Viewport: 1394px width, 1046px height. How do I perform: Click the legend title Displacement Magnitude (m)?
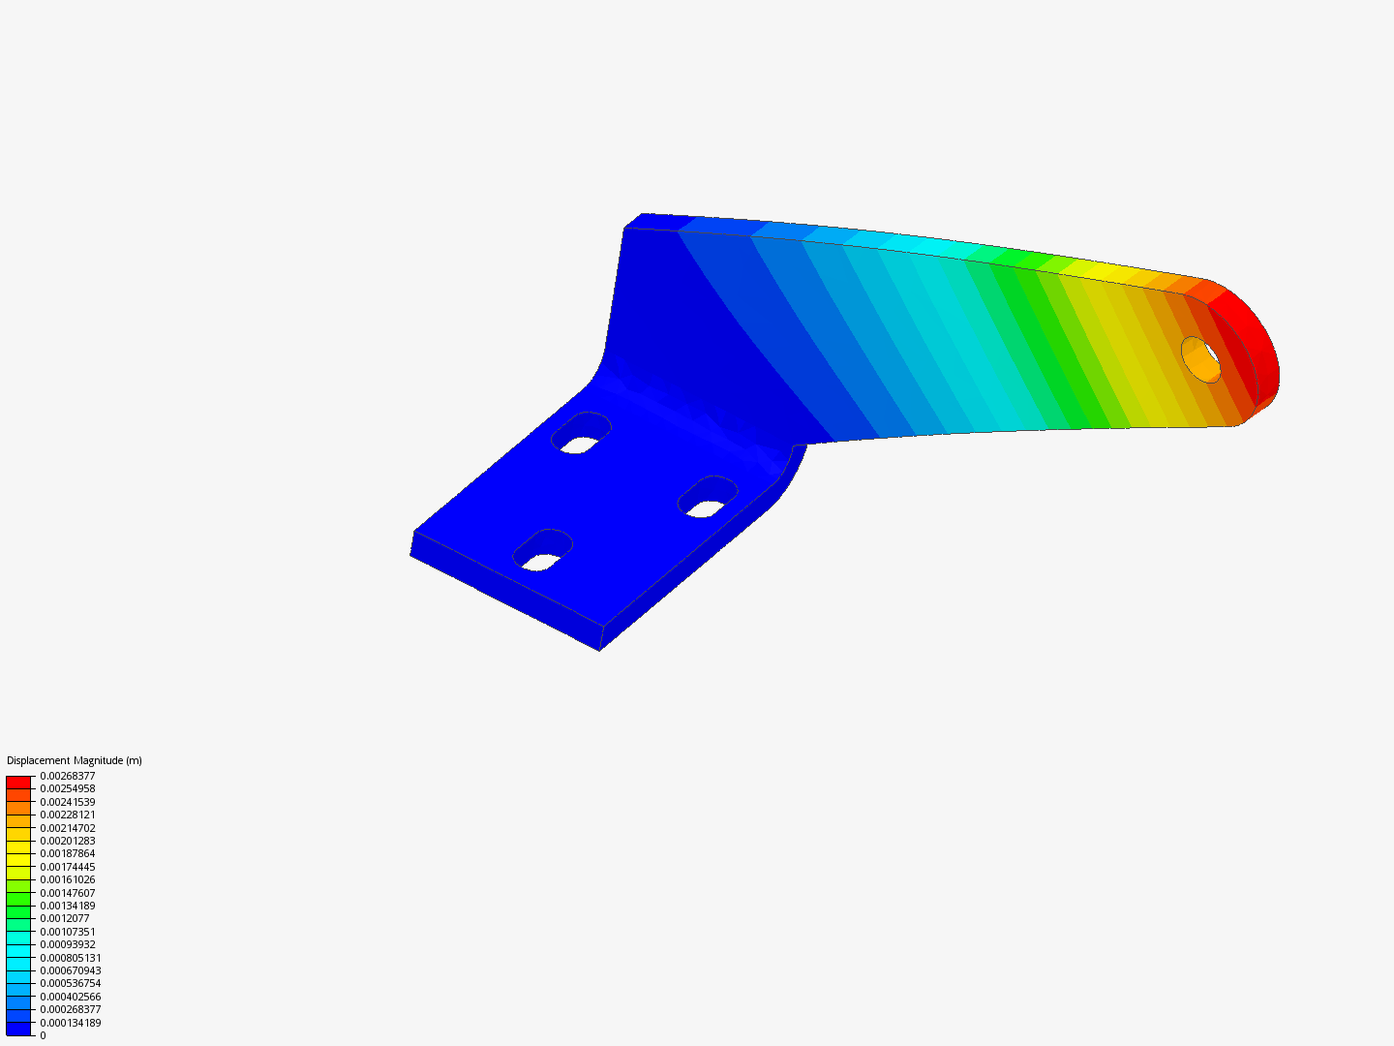pos(75,760)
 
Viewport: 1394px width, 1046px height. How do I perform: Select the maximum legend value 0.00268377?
pos(67,776)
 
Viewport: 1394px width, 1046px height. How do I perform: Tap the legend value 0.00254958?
pos(67,788)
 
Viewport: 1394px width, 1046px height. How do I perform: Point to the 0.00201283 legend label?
pos(67,841)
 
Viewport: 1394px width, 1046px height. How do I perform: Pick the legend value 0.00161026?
pos(67,879)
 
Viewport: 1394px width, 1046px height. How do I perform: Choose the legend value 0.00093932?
pos(67,944)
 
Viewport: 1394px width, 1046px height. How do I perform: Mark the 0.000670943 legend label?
pos(70,970)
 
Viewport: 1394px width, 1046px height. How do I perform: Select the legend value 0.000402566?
pos(70,997)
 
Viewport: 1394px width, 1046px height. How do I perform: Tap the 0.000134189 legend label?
pos(70,1023)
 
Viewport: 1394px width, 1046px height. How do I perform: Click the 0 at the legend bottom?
pos(43,1035)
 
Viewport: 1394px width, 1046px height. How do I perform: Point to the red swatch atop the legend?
pos(18,782)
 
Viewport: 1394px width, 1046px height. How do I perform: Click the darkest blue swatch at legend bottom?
pos(18,1029)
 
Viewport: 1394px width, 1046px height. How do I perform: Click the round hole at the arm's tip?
pos(1201,359)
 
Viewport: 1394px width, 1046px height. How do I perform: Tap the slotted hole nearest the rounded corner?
pos(708,497)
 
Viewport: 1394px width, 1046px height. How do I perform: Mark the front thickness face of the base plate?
pos(503,592)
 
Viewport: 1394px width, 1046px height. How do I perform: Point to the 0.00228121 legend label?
pos(67,815)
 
